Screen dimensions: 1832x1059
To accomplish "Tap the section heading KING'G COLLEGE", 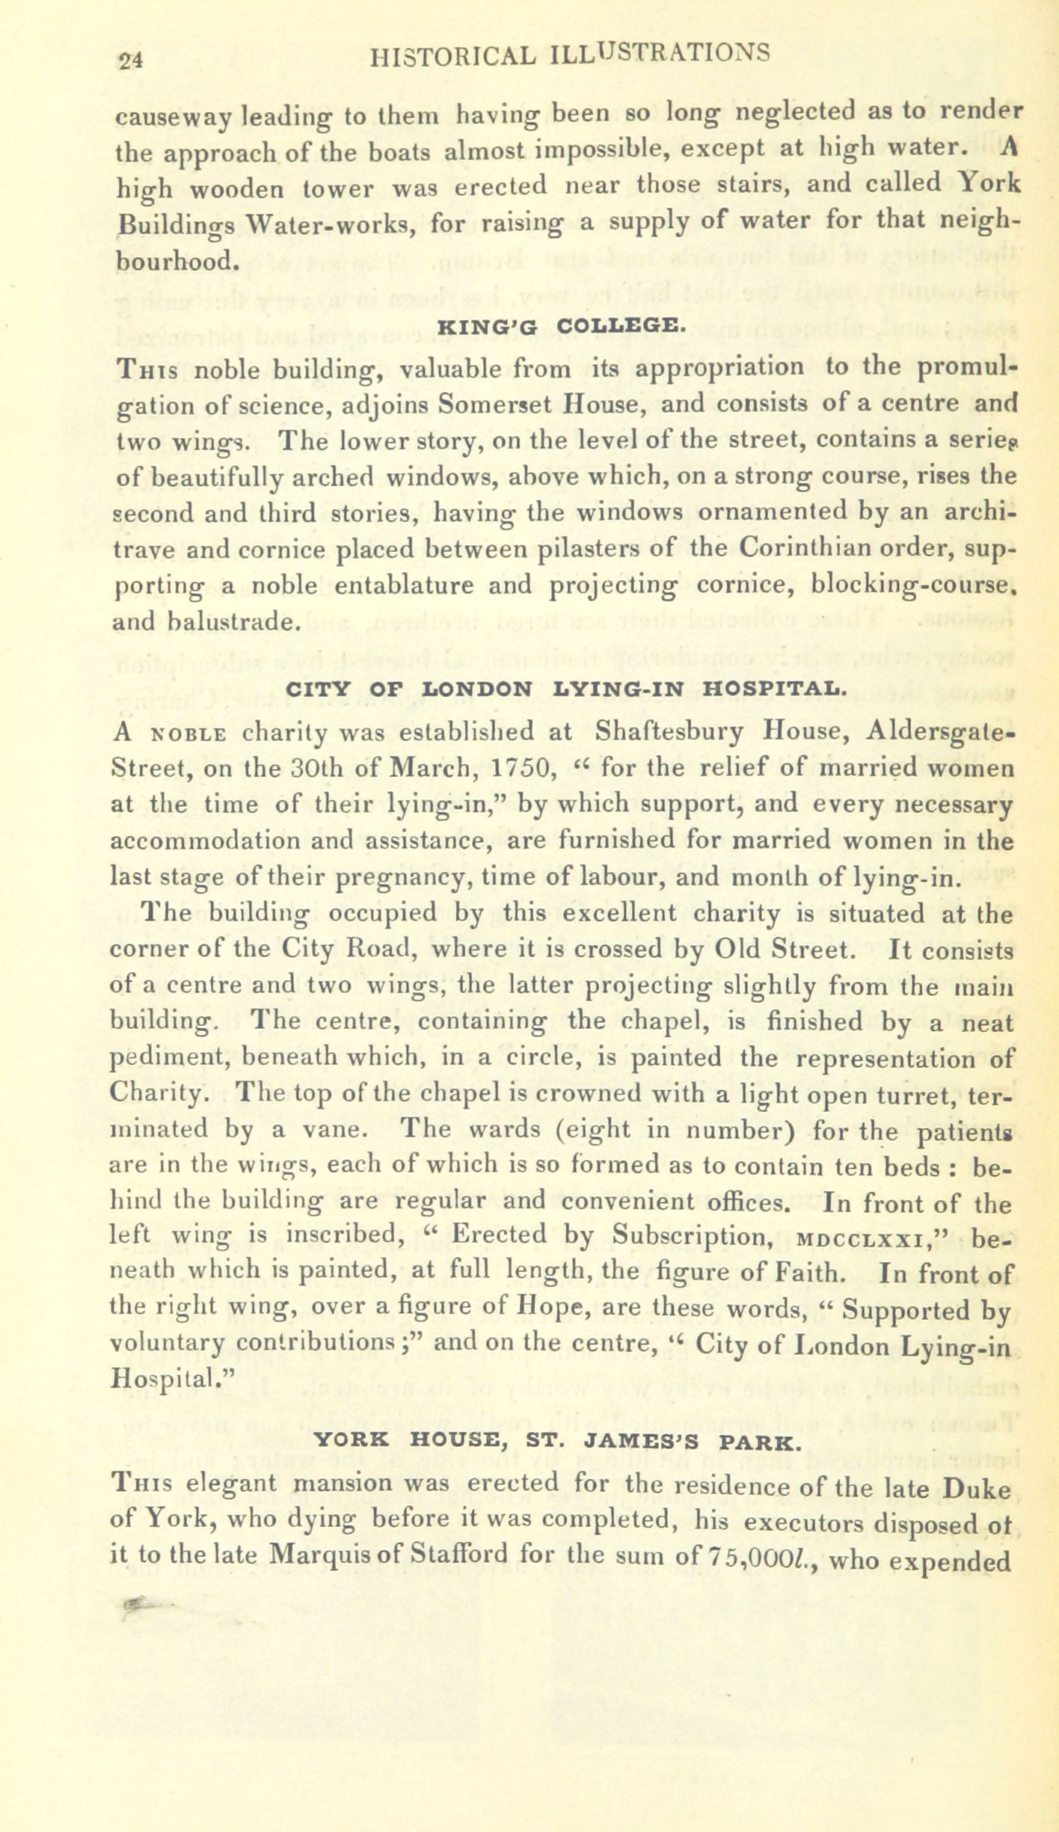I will (559, 327).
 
